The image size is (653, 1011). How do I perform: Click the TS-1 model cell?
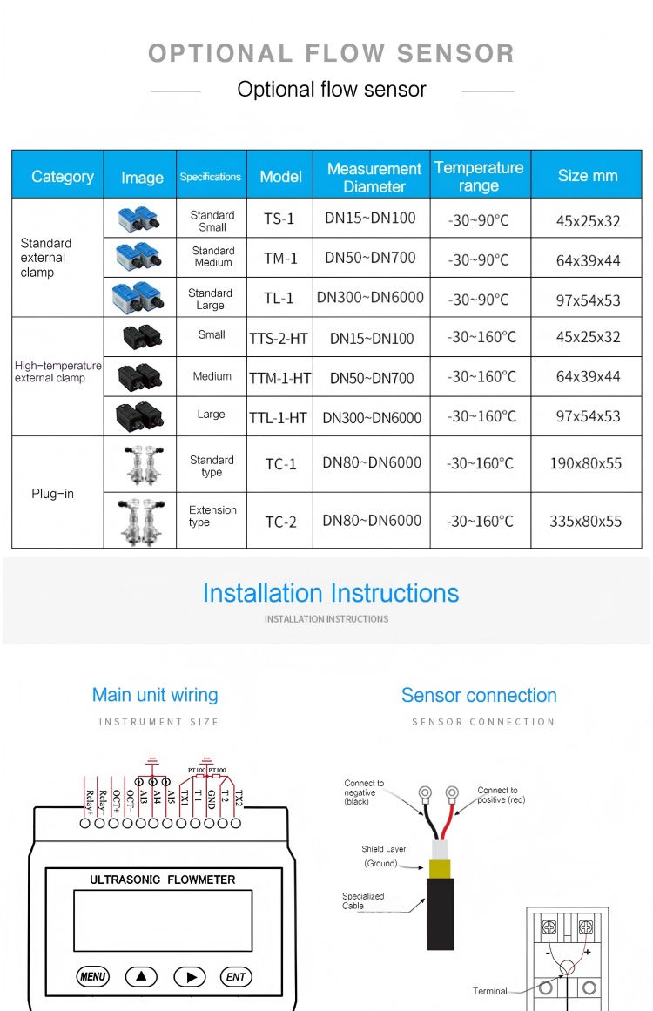click(279, 219)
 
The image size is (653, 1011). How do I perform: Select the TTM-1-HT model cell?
click(279, 378)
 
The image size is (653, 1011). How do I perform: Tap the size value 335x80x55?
click(585, 522)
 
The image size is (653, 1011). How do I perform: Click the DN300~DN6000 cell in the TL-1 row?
click(370, 297)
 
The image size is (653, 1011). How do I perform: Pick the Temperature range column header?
click(479, 176)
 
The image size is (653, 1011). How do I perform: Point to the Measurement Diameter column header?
click(374, 177)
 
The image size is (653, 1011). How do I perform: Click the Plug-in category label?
click(53, 494)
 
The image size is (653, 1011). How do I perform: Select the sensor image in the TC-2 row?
click(139, 521)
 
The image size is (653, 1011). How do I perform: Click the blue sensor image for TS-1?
click(139, 219)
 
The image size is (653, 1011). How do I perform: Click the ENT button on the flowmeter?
click(235, 976)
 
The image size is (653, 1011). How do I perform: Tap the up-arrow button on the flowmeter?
click(141, 976)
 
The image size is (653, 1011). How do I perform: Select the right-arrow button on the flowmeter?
click(190, 976)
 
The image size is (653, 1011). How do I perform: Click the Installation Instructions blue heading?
click(331, 593)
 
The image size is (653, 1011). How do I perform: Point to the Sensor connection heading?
click(479, 695)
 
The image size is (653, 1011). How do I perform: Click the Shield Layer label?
click(384, 849)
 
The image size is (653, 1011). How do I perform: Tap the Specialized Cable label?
click(363, 900)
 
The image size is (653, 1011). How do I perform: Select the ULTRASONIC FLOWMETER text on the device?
click(163, 880)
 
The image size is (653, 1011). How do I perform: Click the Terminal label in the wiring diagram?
click(489, 991)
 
